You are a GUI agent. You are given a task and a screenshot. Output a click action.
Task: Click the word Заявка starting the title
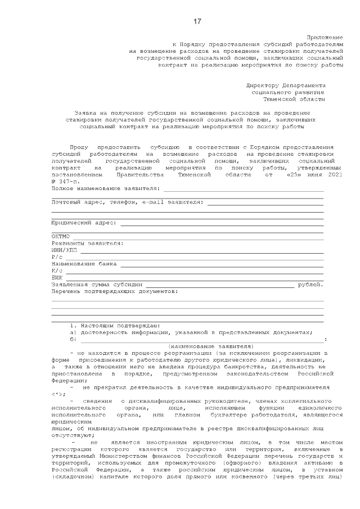pyautogui.click(x=85, y=113)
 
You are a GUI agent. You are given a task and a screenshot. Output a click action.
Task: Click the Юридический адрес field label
pyautogui.click(x=84, y=223)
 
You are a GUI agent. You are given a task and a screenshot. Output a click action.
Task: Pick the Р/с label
pyautogui.click(x=57, y=256)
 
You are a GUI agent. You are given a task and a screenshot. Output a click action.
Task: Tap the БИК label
pyautogui.click(x=57, y=277)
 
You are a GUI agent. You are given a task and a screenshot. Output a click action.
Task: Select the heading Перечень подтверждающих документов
pyautogui.click(x=114, y=291)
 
